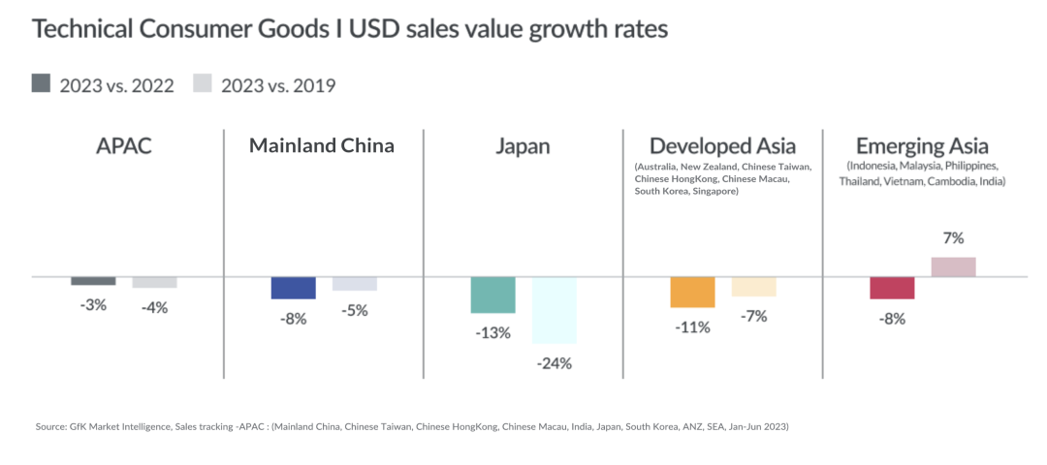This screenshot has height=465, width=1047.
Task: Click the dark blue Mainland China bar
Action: pos(293,288)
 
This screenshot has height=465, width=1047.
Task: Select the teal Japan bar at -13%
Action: pos(492,294)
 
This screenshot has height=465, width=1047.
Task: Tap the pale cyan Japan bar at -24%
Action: pos(555,310)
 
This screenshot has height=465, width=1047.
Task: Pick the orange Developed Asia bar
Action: pos(692,293)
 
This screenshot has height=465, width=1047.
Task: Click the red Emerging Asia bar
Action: pos(892,288)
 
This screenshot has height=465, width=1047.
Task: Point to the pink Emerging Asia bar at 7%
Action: pos(954,266)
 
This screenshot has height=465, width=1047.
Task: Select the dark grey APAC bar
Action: pos(93,281)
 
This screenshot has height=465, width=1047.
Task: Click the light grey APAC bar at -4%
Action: pos(155,282)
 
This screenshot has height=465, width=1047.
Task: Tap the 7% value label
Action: pos(954,238)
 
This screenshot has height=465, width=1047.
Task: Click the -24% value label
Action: pos(555,364)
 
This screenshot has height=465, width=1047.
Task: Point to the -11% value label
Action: pos(692,327)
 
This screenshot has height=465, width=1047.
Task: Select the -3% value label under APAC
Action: pos(93,305)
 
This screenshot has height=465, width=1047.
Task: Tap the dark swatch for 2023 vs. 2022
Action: pos(41,84)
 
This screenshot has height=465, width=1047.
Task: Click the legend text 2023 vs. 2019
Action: pos(278,85)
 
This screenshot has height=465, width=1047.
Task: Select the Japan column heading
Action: pos(523,146)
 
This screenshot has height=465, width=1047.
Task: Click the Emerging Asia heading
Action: pos(922,146)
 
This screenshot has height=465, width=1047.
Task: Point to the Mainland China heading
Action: pos(322,146)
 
